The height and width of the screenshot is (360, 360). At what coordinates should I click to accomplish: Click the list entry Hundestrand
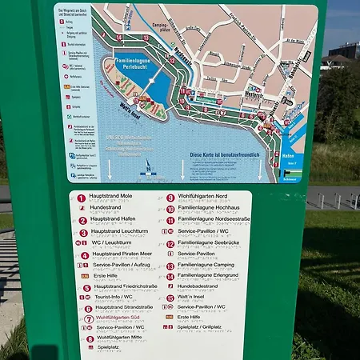coord(106,207)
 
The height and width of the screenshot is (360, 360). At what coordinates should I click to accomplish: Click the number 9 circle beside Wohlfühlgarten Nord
coord(170,197)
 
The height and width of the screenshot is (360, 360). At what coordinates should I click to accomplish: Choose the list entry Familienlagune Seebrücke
coord(209,243)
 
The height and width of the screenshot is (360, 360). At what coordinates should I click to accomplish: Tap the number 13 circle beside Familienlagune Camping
coord(170,266)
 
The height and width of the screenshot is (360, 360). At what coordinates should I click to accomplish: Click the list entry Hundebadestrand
coord(198,286)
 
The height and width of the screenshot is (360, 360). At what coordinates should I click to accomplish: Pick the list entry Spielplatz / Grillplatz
coord(199,327)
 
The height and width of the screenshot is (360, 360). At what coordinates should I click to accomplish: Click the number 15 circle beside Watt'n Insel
coord(170,298)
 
